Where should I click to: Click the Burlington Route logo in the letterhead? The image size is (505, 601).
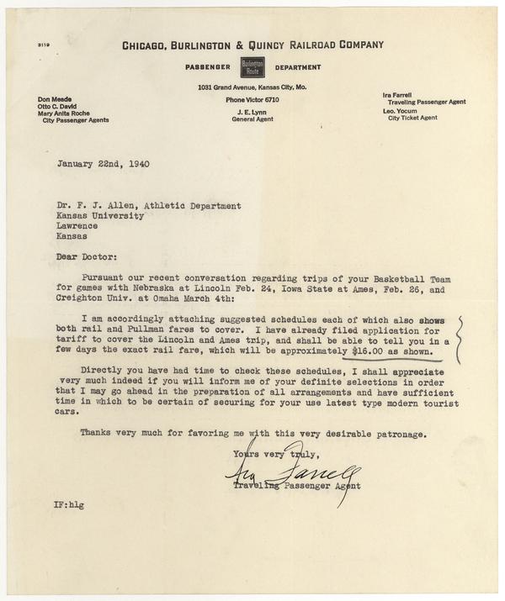tap(252, 66)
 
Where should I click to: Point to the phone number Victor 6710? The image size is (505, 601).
tap(252, 100)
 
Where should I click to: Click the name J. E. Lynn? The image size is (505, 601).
tap(252, 112)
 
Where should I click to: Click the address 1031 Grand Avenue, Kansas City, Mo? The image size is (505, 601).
tap(252, 87)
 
